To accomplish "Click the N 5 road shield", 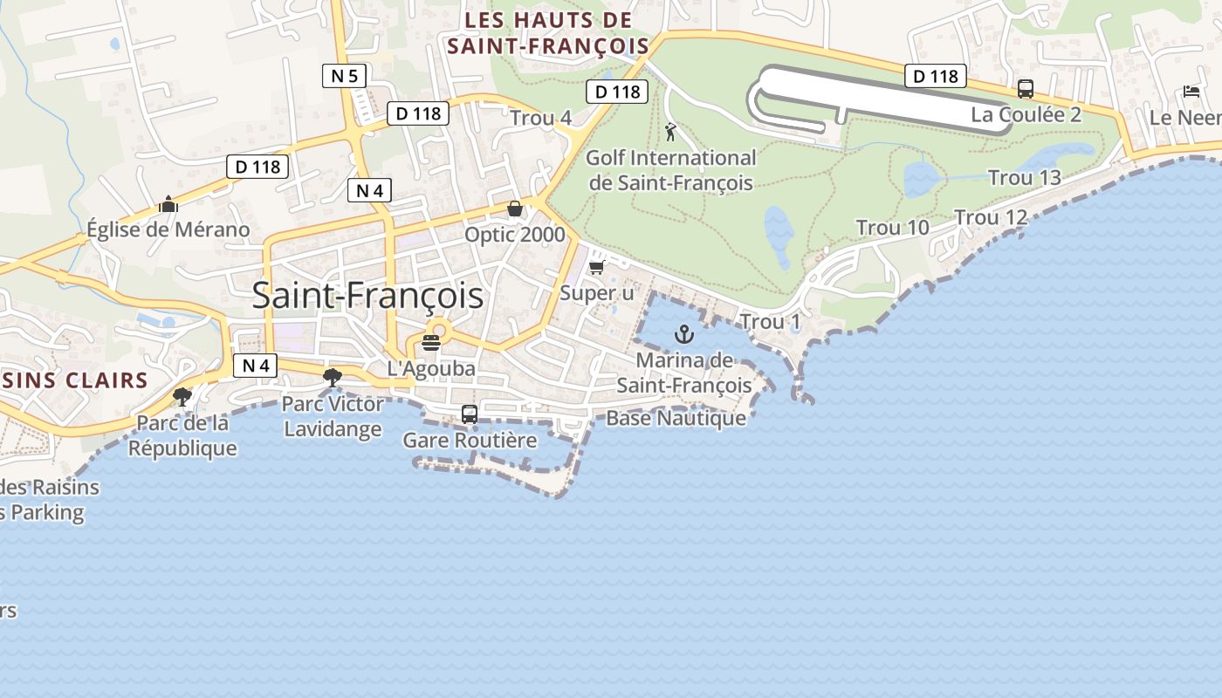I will pos(344,76).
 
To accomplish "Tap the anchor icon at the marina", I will pos(684,334).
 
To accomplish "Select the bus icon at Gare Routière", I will pos(469,414).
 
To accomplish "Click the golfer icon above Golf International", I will pos(670,132).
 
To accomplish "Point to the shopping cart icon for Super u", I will pos(597,267).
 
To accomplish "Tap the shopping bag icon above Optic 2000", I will pos(515,209).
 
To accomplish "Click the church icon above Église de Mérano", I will pos(168,205).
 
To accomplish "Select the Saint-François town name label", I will pos(367,295).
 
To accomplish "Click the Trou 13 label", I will pos(1024,178).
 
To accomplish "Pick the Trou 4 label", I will pos(540,118).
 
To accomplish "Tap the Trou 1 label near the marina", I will pos(770,322).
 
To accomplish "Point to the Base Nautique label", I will pos(676,418).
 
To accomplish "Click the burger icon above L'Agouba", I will pos(431,342).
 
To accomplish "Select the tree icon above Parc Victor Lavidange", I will pos(332,377).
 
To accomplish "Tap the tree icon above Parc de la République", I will pos(182,397).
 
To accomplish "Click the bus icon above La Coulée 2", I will pos(1026,89).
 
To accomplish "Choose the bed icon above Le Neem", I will pos(1191,91).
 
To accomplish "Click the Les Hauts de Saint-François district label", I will pos(548,33).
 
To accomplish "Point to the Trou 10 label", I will pos(892,228).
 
